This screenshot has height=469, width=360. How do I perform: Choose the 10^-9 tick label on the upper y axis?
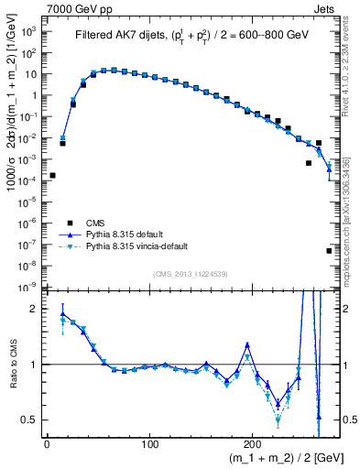tap(28, 288)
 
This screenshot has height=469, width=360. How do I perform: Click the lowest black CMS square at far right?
tap(329, 250)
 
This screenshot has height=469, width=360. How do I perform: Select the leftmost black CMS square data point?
tap(52, 175)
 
